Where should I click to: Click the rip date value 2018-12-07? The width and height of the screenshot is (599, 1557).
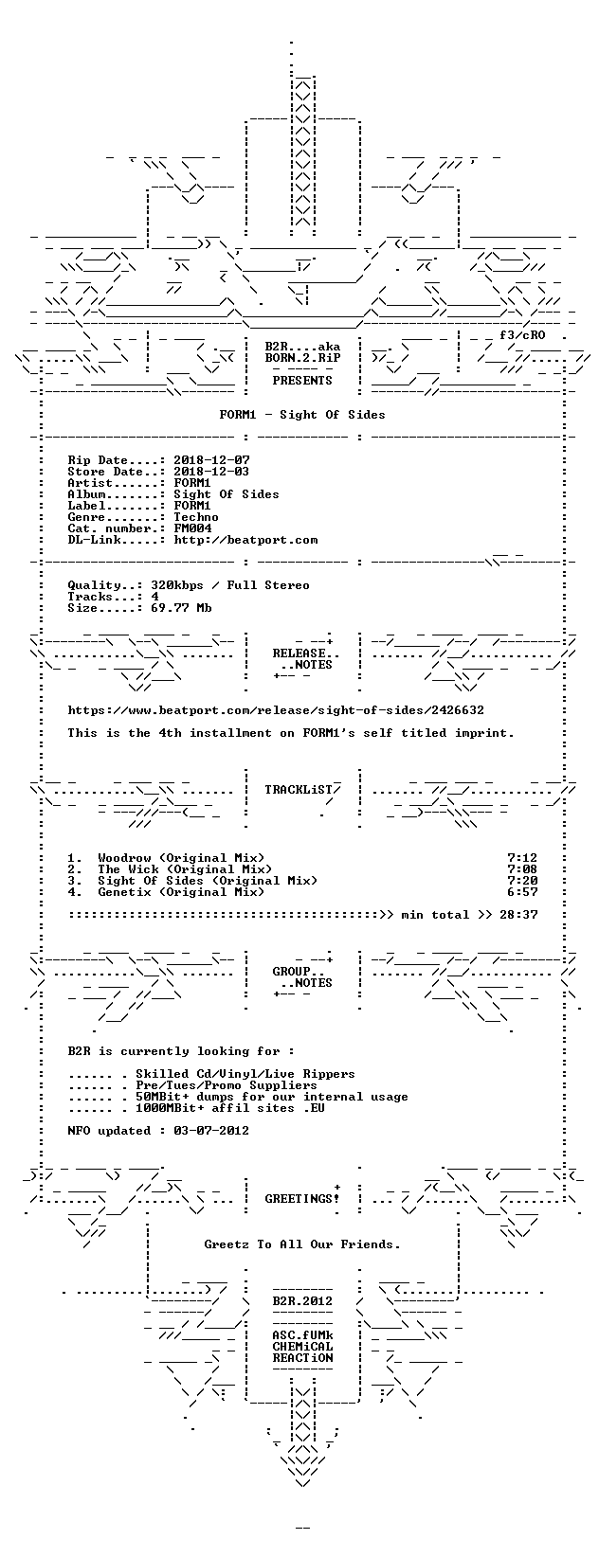pyautogui.click(x=211, y=460)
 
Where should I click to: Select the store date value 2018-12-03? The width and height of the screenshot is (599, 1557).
pyautogui.click(x=211, y=472)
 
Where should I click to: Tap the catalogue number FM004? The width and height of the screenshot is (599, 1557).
pyautogui.click(x=192, y=528)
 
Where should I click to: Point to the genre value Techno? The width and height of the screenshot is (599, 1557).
pyautogui.click(x=196, y=517)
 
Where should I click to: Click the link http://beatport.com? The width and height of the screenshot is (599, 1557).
pyautogui.click(x=245, y=540)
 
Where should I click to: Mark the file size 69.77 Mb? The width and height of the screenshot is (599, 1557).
pyautogui.click(x=182, y=607)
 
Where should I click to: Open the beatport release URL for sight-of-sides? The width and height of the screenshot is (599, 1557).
pyautogui.click(x=276, y=710)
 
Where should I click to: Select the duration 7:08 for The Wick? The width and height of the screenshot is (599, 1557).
pyautogui.click(x=522, y=868)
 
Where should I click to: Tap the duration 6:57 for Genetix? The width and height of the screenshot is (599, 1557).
pyautogui.click(x=522, y=892)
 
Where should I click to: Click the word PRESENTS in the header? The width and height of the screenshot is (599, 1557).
pyautogui.click(x=302, y=380)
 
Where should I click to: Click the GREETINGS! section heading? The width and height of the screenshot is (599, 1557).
pyautogui.click(x=302, y=1198)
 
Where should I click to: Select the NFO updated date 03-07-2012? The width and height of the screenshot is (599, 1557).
pyautogui.click(x=211, y=1130)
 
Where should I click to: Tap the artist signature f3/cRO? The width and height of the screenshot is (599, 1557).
pyautogui.click(x=522, y=335)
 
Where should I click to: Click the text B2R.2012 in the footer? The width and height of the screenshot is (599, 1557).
pyautogui.click(x=302, y=1300)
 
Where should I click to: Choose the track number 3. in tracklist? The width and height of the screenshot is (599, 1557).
pyautogui.click(x=75, y=880)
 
